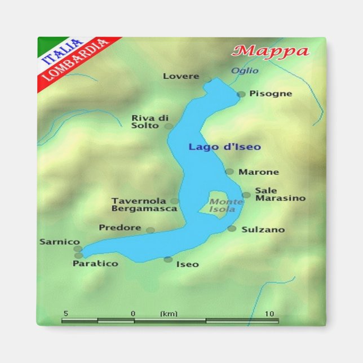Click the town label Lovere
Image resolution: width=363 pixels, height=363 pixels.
(181, 76)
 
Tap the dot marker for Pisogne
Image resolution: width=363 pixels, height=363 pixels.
(241, 94)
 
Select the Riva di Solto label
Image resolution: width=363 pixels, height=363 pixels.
(150, 122)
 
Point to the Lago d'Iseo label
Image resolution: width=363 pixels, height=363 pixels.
(224, 147)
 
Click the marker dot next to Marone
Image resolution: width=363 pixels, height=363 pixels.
(229, 171)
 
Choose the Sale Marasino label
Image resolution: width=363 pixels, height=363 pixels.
(280, 194)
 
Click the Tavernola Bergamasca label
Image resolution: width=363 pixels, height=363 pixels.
(144, 205)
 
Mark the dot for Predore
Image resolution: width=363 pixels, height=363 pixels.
(150, 230)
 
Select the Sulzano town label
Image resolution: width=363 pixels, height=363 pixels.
(263, 229)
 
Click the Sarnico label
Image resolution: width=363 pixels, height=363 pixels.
(60, 242)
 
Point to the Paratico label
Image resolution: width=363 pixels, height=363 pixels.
(95, 263)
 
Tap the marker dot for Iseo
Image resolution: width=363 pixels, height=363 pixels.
(168, 259)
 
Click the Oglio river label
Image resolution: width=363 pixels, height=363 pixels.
(245, 71)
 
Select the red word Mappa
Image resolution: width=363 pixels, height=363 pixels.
(271, 51)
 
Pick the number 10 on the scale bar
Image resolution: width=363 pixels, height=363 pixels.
(269, 313)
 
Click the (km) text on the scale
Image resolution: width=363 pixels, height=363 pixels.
(169, 313)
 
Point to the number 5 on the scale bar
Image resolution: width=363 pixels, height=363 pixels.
(66, 313)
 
